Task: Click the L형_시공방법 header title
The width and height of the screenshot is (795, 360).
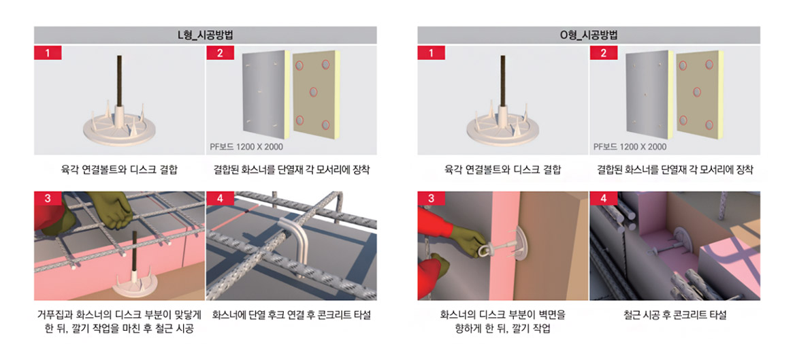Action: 206,35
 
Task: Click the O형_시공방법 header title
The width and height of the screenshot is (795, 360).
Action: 589,35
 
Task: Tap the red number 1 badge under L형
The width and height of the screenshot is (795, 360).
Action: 48,52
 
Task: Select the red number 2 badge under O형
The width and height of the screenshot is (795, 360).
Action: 603,52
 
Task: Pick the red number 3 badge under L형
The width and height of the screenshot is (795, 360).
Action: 48,198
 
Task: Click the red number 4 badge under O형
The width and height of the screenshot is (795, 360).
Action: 603,198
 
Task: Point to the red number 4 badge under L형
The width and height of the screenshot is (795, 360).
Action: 220,198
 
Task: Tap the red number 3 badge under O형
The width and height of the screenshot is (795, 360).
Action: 432,198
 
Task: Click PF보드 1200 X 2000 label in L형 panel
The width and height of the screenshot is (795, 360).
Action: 246,147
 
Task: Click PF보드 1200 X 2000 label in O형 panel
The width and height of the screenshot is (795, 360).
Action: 630,147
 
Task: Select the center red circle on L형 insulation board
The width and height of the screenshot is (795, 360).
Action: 313,92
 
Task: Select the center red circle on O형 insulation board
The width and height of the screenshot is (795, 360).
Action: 696,92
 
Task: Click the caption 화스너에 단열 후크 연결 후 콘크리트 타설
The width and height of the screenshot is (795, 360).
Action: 291,315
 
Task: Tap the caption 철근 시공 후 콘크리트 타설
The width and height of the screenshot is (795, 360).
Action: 675,315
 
